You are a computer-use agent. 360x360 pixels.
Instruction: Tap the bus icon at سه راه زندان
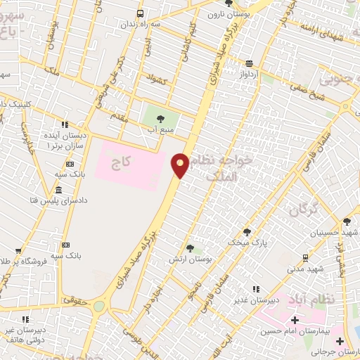coord(140,13)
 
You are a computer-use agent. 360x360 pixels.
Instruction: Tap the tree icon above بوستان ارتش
coord(190,248)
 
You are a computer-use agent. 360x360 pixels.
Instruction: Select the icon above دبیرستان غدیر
coord(256,289)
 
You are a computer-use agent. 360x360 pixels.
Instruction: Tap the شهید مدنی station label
coord(304,268)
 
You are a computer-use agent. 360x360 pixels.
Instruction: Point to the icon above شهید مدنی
coord(304,257)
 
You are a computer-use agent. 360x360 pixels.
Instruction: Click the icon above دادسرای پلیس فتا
coord(58,191)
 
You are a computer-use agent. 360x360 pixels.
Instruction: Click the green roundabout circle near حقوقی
coord(98,306)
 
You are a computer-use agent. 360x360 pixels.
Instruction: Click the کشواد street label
coord(155,79)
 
